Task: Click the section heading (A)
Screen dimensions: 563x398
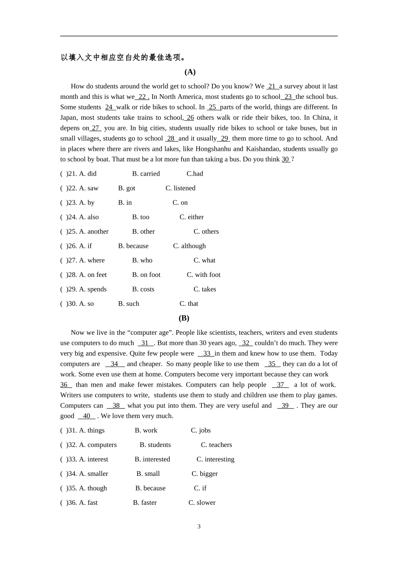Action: (190, 72)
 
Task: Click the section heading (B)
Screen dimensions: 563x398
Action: (184, 318)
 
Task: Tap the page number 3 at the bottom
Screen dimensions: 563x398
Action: (199, 527)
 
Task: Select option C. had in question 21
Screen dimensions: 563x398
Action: (195, 174)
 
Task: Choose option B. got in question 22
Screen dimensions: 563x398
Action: (127, 189)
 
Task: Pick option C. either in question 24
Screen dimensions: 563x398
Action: (191, 217)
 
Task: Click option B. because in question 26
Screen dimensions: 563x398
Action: (133, 246)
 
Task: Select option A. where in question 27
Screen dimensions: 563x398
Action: (92, 261)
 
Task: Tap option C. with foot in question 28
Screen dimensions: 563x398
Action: (204, 275)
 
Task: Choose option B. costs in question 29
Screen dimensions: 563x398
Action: (143, 289)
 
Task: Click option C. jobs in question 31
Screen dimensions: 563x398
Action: (201, 431)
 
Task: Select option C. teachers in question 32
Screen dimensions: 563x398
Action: (216, 445)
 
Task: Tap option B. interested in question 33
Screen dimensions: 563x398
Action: (152, 460)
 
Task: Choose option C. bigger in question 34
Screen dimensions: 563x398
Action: (204, 474)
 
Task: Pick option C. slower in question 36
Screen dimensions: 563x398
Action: (202, 503)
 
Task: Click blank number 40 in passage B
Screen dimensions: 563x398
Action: (87, 416)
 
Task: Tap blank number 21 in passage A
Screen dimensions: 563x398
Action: (272, 87)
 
